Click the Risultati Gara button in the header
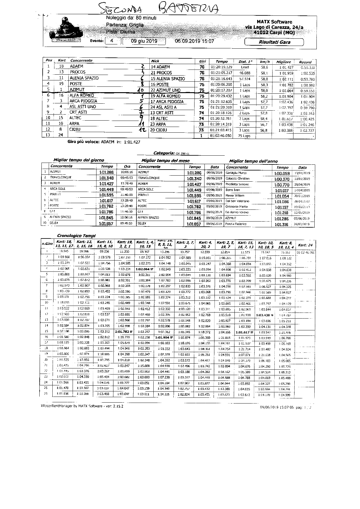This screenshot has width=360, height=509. click(274, 42)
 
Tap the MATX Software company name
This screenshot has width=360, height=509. click(274, 22)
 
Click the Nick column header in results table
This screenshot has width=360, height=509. click(155, 61)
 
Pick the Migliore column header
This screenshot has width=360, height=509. click(283, 62)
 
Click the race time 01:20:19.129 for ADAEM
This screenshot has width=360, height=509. click(221, 67)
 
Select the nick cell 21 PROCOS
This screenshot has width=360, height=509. click(161, 73)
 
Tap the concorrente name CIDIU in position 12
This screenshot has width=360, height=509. click(75, 129)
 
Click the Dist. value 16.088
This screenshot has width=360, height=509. click(245, 73)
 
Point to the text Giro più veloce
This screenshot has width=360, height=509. click(84, 141)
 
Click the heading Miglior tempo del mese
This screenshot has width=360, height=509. click(165, 160)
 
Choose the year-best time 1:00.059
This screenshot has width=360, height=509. click(282, 173)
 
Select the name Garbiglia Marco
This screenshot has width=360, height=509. click(236, 173)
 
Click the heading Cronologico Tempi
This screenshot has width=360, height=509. click(76, 235)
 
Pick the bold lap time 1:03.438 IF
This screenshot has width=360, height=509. click(264, 315)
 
